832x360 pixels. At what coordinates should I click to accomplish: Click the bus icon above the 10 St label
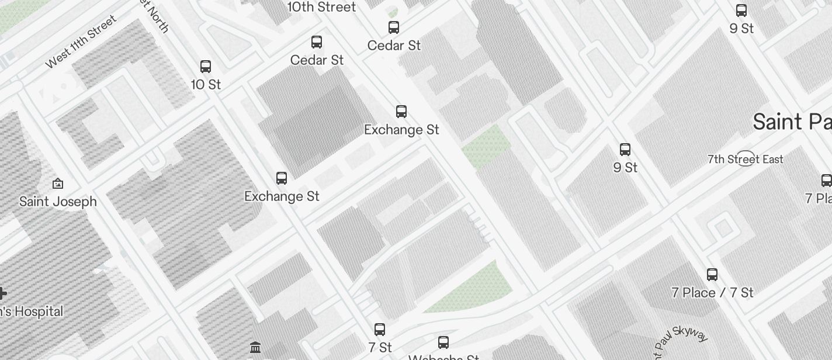click(206, 67)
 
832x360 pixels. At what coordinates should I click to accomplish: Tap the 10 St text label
click(206, 85)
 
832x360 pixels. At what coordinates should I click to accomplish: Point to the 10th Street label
click(322, 7)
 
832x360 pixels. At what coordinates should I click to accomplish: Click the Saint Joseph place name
click(58, 202)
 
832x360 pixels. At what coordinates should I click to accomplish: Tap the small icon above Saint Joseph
click(58, 184)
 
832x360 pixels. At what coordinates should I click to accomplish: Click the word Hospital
click(37, 311)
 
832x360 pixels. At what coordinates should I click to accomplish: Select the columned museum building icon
click(255, 348)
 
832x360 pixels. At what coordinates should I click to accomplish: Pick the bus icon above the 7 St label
click(380, 330)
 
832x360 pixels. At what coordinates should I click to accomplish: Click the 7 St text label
click(380, 348)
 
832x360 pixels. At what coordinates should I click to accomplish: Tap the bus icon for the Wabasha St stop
click(443, 342)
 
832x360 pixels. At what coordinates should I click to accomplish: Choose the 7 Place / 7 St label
click(712, 293)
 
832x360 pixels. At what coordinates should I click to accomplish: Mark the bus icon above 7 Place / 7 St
click(712, 275)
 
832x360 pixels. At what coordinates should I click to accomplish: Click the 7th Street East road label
click(745, 159)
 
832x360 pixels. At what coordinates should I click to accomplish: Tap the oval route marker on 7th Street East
click(746, 158)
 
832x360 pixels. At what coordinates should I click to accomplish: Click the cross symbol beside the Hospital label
click(2, 293)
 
